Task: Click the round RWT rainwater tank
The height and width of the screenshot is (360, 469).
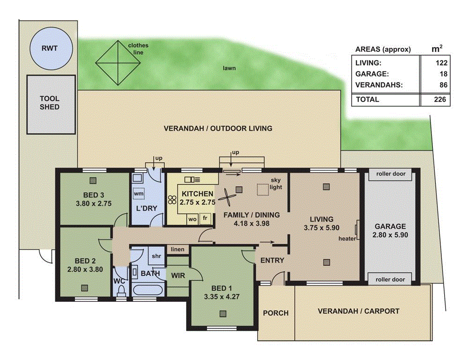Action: point(52,48)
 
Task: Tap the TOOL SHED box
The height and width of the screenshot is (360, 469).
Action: point(50,103)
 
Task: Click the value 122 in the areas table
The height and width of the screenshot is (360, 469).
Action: point(442,63)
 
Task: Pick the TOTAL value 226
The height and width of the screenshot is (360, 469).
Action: point(442,99)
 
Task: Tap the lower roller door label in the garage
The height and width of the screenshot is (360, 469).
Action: point(391,279)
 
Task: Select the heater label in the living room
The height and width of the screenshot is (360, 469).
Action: point(347,239)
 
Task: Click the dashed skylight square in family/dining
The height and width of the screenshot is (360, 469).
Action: point(263,189)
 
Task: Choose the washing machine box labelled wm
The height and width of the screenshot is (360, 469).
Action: point(139,193)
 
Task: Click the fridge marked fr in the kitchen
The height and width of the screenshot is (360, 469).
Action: point(205,219)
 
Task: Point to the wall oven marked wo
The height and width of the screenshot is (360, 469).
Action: point(192,219)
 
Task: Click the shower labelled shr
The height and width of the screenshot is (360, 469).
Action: point(156,256)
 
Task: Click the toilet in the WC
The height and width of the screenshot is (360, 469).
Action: point(121,292)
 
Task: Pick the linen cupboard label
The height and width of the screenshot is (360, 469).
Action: point(178,249)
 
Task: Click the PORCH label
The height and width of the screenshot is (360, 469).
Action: point(275,313)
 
